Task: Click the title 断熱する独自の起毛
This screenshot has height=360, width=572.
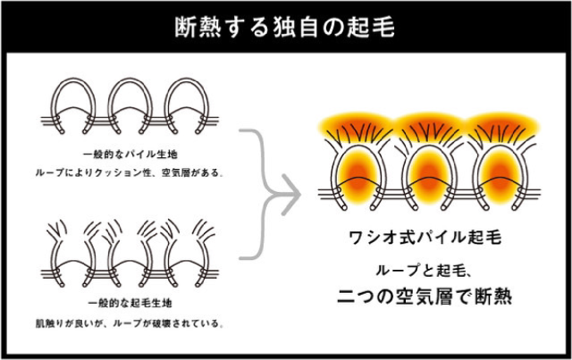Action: click(x=286, y=25)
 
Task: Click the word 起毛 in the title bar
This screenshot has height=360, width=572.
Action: click(x=376, y=25)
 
